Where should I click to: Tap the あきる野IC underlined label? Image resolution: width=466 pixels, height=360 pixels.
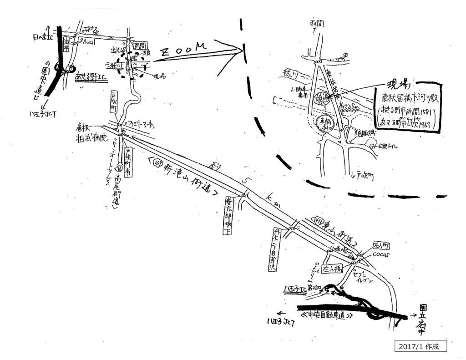click(x=91, y=78)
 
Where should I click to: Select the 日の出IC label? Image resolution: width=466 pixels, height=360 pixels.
click(x=41, y=36)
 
